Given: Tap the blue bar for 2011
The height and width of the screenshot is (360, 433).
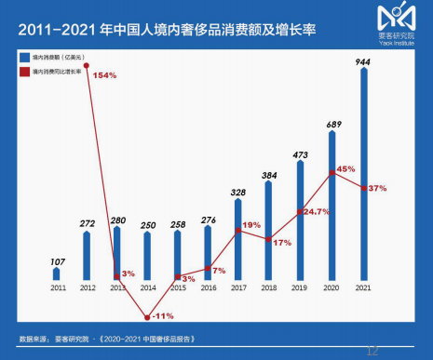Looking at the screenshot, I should tap(56, 274).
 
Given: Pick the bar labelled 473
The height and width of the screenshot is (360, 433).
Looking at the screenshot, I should tap(299, 220).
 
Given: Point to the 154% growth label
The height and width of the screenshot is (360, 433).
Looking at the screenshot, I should tap(104, 74).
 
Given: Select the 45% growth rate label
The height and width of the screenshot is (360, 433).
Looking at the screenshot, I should tap(345, 169).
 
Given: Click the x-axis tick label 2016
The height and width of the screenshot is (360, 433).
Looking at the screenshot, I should tap(208, 289).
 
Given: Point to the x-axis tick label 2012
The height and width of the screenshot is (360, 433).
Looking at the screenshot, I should tap(87, 289).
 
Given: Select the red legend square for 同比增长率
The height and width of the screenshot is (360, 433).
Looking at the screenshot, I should tap(25, 70).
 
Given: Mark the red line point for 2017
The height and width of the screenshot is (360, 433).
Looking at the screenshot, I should tap(238, 227).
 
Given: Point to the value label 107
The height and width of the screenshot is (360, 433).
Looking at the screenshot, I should tap(56, 260).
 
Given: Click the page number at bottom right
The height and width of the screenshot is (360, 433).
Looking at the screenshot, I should tap(372, 351).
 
